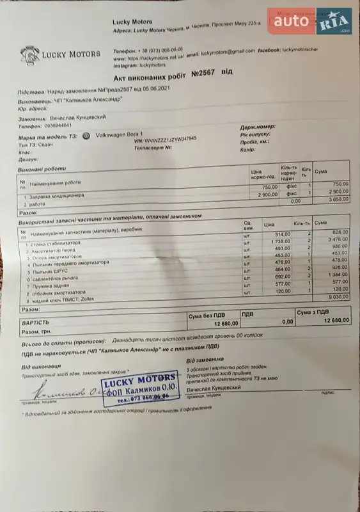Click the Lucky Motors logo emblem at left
coord(28,53)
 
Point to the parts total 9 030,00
coord(335,297)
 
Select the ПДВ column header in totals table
coord(248,314)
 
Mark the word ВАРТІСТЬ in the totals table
coord(35,323)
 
